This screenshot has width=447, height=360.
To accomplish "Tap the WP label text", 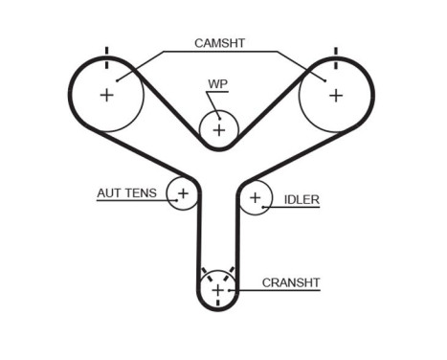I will click(217, 84).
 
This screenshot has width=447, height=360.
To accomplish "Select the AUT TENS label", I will click(127, 193).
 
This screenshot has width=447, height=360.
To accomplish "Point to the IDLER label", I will click(302, 200).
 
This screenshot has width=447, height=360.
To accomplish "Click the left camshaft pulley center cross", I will click(106, 95).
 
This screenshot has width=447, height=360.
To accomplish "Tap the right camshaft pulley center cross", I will click(335, 95).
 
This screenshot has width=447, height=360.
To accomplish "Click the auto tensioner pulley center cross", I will click(183, 193).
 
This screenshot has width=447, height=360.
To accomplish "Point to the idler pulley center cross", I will click(255, 199).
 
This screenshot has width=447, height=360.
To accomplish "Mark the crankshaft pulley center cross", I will click(218, 289).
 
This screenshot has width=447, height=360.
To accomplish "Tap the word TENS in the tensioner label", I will click(141, 193).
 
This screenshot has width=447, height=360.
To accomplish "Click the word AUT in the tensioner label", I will click(108, 193).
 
